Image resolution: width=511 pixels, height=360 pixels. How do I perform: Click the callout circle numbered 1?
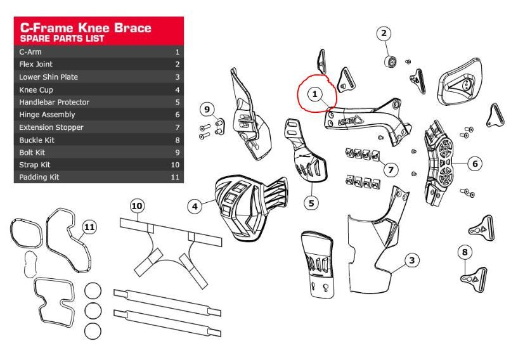tap(314, 94)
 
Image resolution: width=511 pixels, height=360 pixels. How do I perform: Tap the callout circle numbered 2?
tap(385, 33)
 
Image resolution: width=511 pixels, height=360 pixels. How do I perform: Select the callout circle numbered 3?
tap(411, 260)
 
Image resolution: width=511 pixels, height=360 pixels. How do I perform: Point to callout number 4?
tap(196, 205)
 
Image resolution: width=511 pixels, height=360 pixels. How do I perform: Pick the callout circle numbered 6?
tap(475, 164)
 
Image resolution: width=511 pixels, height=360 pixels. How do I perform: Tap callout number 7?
tap(391, 169)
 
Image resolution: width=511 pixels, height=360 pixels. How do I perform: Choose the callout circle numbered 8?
tap(465, 252)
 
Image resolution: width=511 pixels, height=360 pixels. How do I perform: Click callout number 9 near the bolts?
tap(206, 110)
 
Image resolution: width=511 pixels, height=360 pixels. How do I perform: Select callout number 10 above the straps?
tap(138, 205)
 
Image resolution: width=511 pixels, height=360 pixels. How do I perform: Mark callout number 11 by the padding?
tap(89, 226)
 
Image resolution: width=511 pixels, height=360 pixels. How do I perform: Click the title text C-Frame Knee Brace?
tap(86, 28)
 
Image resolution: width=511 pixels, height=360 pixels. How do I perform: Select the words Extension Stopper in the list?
tap(51, 127)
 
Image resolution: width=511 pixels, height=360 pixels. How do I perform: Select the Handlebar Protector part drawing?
tap(306, 158)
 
